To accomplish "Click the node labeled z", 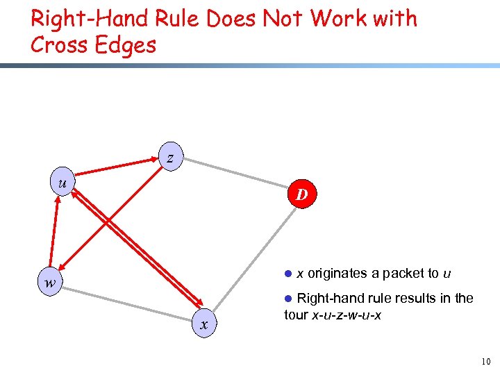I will [x=170, y=157].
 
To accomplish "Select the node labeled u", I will [x=63, y=183].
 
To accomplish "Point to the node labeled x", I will [x=203, y=324].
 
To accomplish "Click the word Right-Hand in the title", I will [x=76, y=19].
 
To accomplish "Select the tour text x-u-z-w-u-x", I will [x=342, y=315].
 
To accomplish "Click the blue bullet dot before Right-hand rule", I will [x=290, y=299].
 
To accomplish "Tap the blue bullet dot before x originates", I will [x=290, y=274].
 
